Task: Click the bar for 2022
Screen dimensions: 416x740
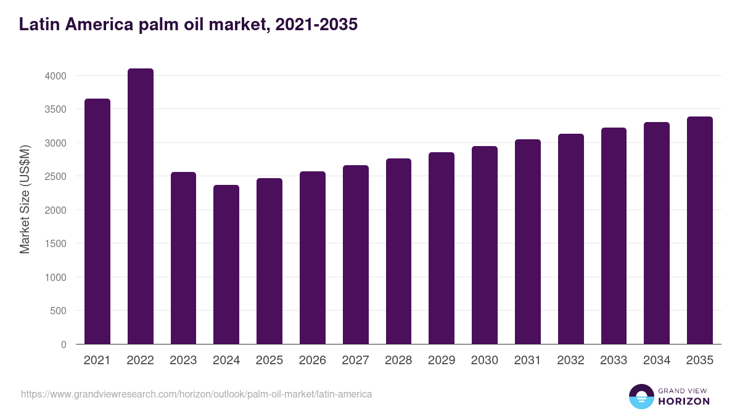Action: tap(141, 206)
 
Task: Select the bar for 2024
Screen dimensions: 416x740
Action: tap(226, 264)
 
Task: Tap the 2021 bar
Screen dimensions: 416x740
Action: tap(97, 221)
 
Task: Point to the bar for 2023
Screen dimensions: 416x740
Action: tap(183, 258)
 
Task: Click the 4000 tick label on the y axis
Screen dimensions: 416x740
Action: tap(55, 76)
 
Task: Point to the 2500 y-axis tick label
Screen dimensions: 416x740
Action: tap(55, 176)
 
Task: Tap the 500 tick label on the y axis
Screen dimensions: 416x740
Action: tap(58, 311)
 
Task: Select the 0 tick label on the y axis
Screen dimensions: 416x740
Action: tap(64, 345)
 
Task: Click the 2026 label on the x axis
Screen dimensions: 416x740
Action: tap(313, 361)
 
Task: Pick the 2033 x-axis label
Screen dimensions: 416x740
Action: tap(614, 361)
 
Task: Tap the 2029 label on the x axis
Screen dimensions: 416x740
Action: tap(442, 361)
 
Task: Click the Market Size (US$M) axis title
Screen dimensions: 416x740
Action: tap(25, 199)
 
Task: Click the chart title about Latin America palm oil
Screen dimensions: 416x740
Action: tap(188, 25)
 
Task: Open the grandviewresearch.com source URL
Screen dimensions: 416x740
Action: tap(196, 394)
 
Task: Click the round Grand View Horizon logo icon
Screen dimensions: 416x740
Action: tap(641, 396)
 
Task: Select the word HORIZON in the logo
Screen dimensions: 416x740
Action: tap(684, 401)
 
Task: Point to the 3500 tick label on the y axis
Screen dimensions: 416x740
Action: tap(55, 109)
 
